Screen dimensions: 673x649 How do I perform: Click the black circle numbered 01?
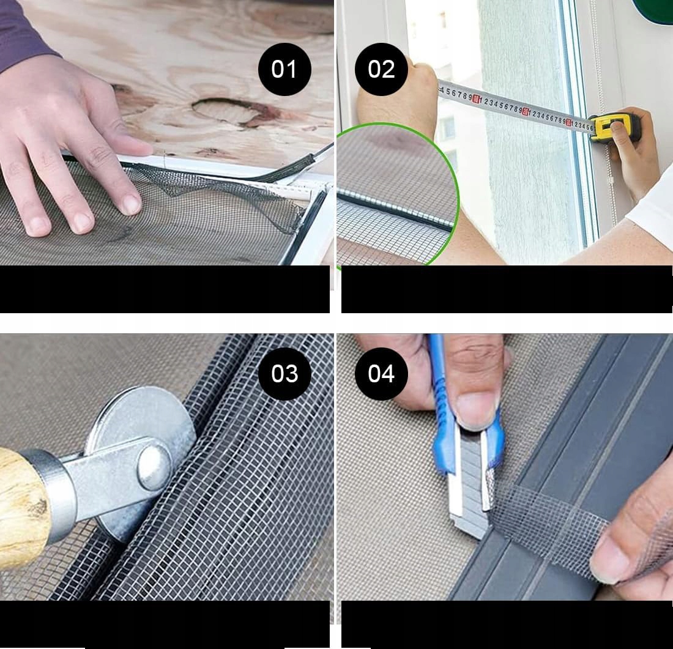pyautogui.click(x=284, y=69)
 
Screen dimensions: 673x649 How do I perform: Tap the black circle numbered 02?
pyautogui.click(x=381, y=69)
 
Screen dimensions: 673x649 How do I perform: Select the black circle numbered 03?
pyautogui.click(x=284, y=374)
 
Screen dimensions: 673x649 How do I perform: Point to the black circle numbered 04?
pyautogui.click(x=381, y=374)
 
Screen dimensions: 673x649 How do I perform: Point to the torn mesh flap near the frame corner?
pyautogui.click(x=223, y=193)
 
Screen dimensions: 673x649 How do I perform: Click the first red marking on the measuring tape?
pyautogui.click(x=476, y=99)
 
